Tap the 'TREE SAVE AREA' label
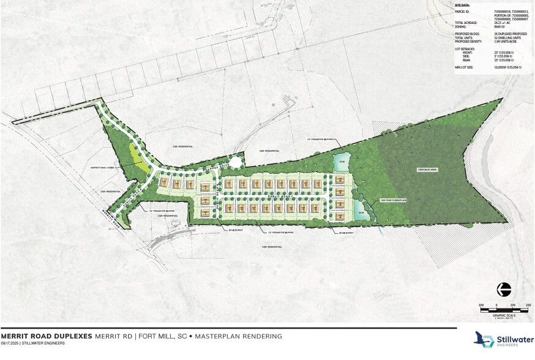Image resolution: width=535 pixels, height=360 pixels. [427, 169]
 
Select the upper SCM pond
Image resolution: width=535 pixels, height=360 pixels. [340, 163]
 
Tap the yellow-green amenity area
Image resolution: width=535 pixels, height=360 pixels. [142, 162]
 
